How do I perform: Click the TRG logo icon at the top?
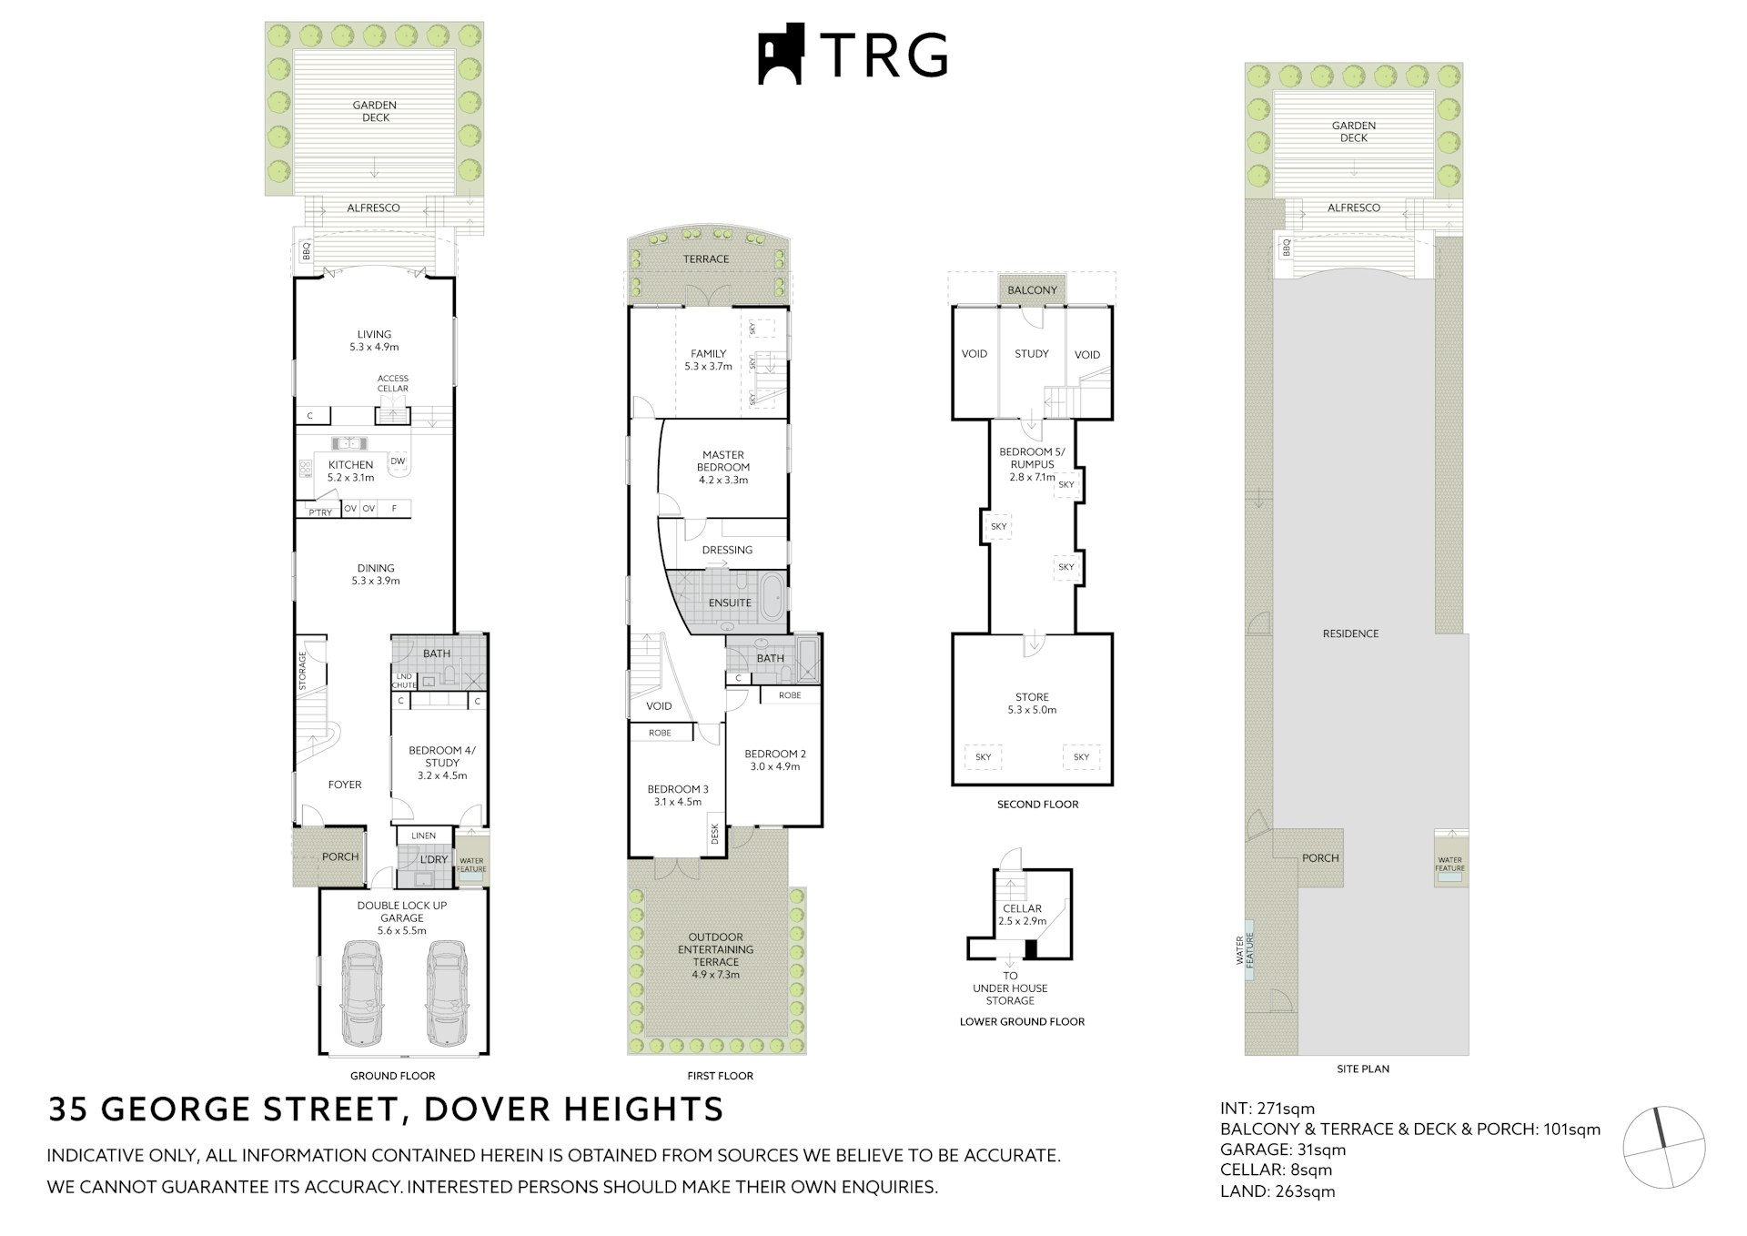(x=782, y=54)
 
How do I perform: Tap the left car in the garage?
(x=361, y=994)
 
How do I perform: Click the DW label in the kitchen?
(x=398, y=461)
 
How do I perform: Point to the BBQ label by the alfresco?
(x=306, y=249)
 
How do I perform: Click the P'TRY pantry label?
(x=320, y=512)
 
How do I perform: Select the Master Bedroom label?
(x=723, y=461)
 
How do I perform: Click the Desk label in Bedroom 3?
(x=715, y=834)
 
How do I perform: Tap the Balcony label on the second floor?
(x=1032, y=290)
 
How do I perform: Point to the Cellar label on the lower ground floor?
(x=1022, y=908)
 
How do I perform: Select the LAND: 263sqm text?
(x=1277, y=1191)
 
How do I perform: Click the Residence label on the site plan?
(x=1350, y=633)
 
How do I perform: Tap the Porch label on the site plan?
(x=1319, y=857)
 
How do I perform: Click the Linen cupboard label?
(x=423, y=836)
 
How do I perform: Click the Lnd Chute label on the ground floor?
(x=403, y=681)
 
